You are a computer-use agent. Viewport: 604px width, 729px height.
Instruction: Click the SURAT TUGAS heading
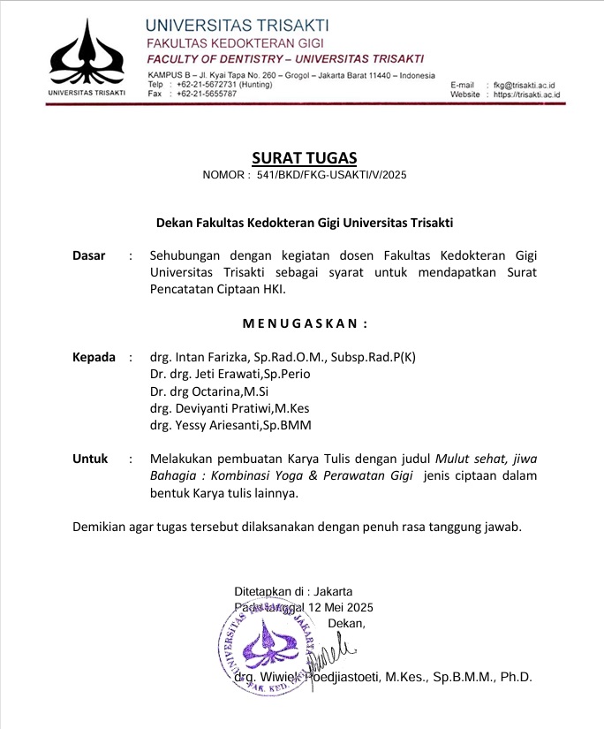click(x=305, y=158)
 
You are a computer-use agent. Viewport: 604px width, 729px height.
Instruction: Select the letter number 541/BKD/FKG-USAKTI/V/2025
click(x=332, y=176)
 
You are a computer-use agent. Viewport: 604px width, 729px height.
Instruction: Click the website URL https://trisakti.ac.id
click(x=529, y=94)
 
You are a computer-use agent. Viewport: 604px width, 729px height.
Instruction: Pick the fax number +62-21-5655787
click(x=208, y=93)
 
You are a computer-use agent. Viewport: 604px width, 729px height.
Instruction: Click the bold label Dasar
click(x=88, y=255)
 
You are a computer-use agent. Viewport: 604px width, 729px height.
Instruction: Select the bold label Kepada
click(x=94, y=358)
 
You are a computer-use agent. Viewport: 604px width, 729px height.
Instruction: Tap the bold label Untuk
click(x=90, y=459)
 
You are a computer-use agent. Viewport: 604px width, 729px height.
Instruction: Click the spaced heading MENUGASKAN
click(x=305, y=323)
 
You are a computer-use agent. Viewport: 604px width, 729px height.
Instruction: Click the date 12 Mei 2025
click(x=340, y=607)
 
